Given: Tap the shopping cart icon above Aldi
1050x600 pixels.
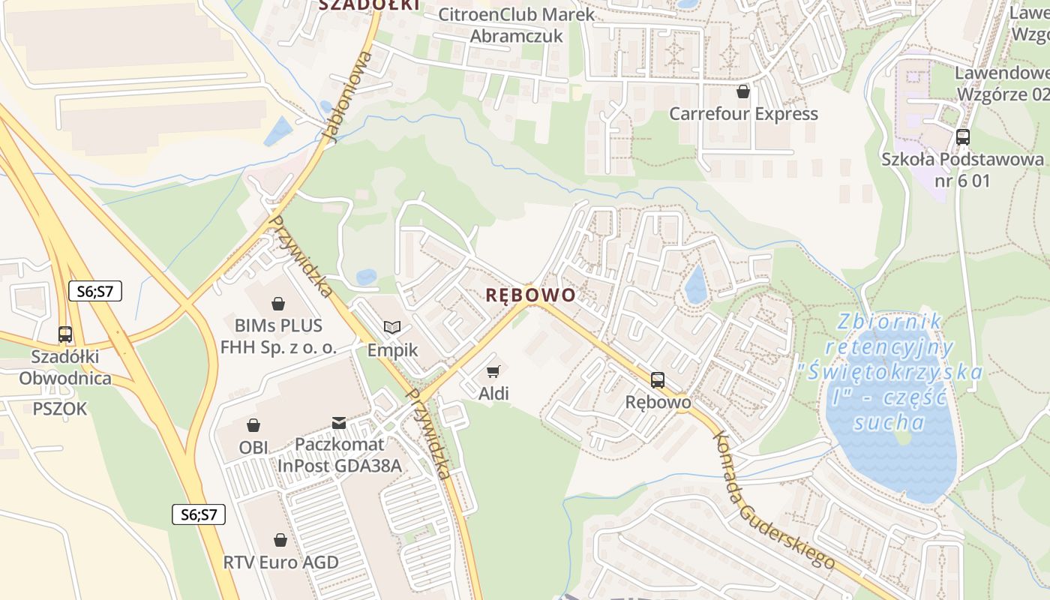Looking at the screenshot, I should point(493,371).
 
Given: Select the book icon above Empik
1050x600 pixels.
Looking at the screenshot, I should point(392,327).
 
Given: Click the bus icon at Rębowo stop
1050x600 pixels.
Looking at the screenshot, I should point(658,380).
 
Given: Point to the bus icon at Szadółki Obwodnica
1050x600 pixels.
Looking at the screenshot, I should point(65,334).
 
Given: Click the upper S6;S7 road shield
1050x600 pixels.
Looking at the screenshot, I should point(94,291).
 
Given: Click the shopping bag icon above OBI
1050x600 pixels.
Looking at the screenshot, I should point(253,425).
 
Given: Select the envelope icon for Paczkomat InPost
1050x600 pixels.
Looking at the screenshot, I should point(339,423).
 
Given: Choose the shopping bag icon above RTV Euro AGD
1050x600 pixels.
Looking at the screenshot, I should point(280,540).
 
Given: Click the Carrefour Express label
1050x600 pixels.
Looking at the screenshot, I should point(742,114).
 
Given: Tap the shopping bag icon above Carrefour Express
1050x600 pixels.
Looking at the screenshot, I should point(742,91).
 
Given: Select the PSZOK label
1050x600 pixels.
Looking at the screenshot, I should point(59,409).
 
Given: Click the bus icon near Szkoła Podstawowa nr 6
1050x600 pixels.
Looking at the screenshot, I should point(962,137).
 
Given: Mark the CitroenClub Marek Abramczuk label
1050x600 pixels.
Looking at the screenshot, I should point(516,25).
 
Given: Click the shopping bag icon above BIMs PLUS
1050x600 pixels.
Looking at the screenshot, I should point(278,304).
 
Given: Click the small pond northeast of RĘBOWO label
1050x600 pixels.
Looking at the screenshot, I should point(696,286).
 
